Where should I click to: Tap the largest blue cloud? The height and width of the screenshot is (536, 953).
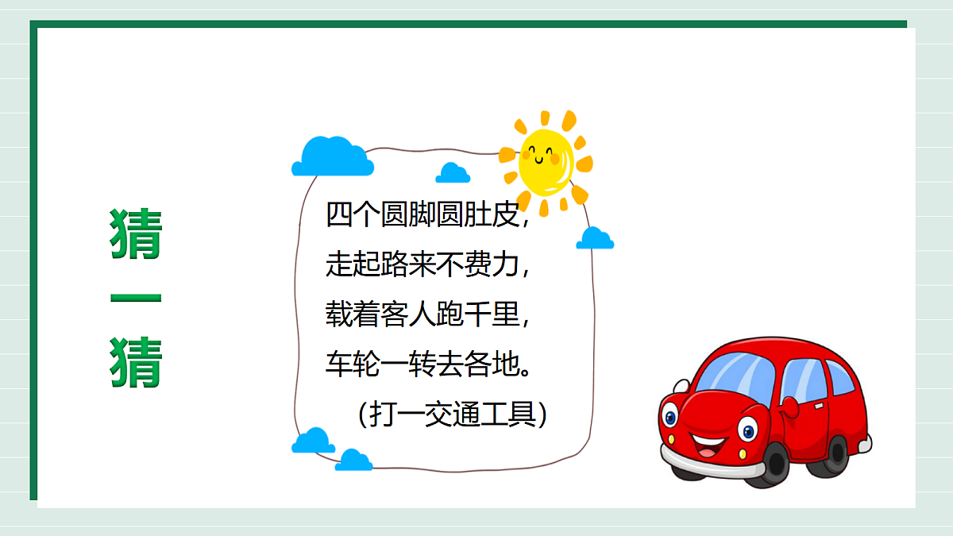pos(332,157)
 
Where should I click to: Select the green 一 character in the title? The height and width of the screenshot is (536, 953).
pos(136,299)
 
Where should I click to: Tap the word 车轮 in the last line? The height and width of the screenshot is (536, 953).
pos(353,365)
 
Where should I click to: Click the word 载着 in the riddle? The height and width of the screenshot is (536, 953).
pos(353,316)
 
